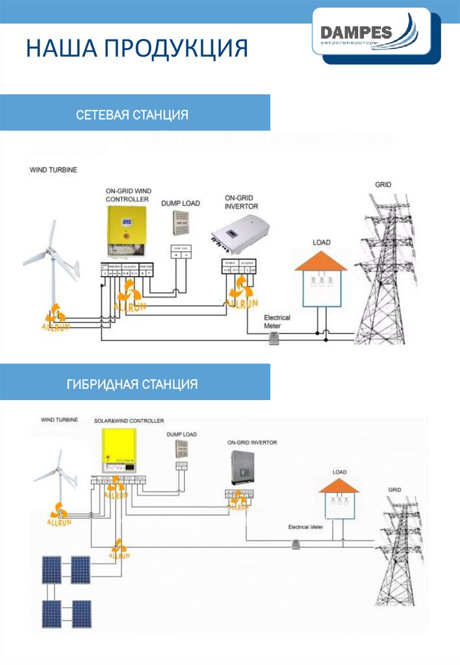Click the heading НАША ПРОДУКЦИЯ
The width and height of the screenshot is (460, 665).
[x=137, y=49]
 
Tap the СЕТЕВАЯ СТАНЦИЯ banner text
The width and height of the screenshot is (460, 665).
[x=132, y=115]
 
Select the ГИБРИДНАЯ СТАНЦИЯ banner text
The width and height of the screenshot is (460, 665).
[x=132, y=384]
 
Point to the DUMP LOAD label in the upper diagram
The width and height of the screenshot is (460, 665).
[x=181, y=203]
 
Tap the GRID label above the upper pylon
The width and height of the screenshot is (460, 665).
[x=383, y=185]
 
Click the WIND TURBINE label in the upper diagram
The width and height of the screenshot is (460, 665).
[x=53, y=170]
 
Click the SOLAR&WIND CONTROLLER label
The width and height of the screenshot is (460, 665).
[x=129, y=421]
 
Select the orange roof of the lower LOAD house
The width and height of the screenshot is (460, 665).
[x=339, y=486]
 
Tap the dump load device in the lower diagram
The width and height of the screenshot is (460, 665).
[x=181, y=449]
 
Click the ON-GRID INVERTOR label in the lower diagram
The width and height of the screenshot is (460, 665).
[x=252, y=442]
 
